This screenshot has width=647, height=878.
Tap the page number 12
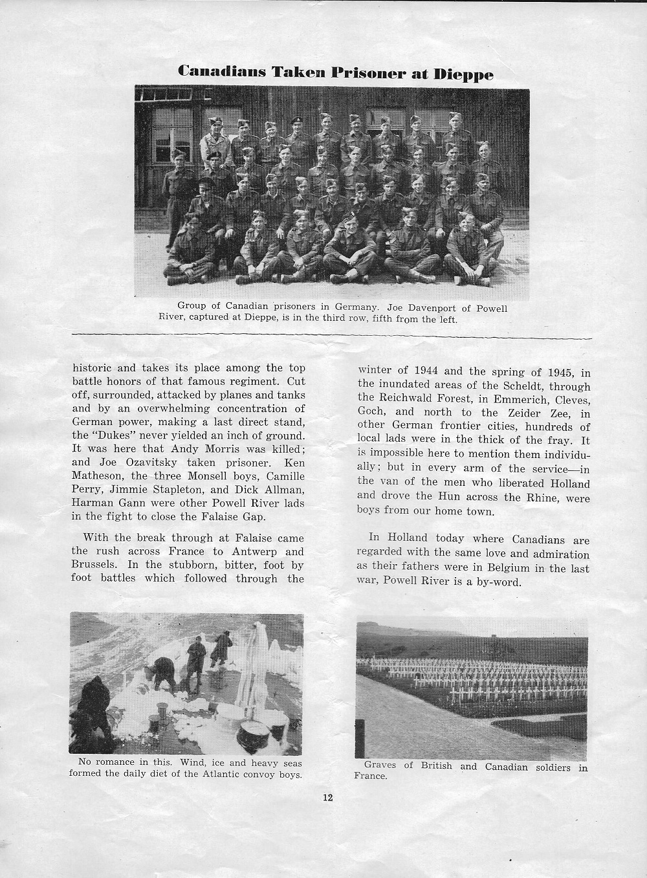[327, 797]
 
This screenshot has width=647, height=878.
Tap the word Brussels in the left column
[94, 564]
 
